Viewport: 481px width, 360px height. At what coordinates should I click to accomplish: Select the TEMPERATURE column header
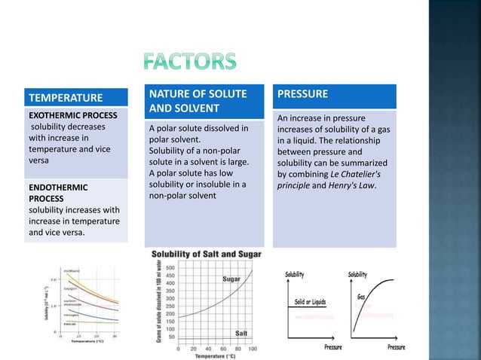(66, 98)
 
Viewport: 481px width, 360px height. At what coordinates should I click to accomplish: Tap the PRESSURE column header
(302, 94)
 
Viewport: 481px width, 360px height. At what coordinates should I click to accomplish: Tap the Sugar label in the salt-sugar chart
(231, 279)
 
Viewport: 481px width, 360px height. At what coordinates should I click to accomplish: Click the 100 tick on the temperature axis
(251, 348)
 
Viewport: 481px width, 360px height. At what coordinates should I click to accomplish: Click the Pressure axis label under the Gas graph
(395, 347)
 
